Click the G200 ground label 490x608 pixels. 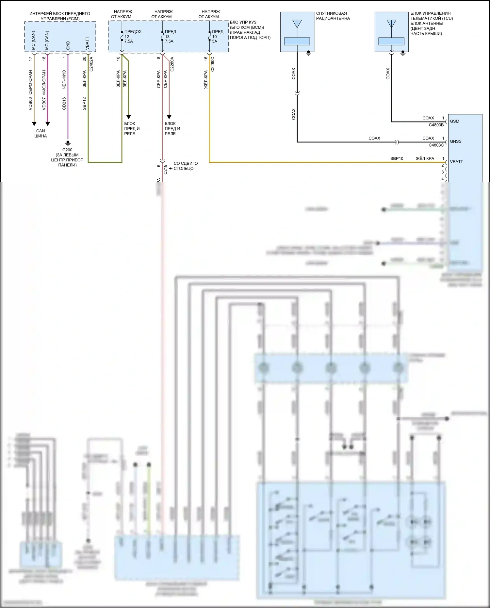coord(67,150)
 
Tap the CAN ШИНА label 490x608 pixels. coord(41,133)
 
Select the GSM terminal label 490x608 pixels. coord(454,121)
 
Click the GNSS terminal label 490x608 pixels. coord(456,141)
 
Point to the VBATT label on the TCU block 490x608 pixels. coord(456,162)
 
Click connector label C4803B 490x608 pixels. coord(436,125)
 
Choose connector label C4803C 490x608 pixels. coord(436,145)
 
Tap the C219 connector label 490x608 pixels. coord(165,169)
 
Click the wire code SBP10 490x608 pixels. coord(397,158)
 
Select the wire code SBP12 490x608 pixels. coord(84,103)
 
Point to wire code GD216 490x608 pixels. coord(64,103)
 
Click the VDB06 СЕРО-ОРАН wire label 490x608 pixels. coord(30,90)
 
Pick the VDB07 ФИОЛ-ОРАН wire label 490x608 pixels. coord(44,90)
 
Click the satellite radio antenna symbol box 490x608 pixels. coord(297,32)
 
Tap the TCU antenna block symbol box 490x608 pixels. coord(391,32)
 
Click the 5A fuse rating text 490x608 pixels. coord(215,41)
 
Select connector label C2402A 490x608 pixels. coord(91,64)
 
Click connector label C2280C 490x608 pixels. coord(212,64)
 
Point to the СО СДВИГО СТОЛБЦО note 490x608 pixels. coord(186,166)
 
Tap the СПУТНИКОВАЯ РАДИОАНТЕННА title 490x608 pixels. coord(333,16)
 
